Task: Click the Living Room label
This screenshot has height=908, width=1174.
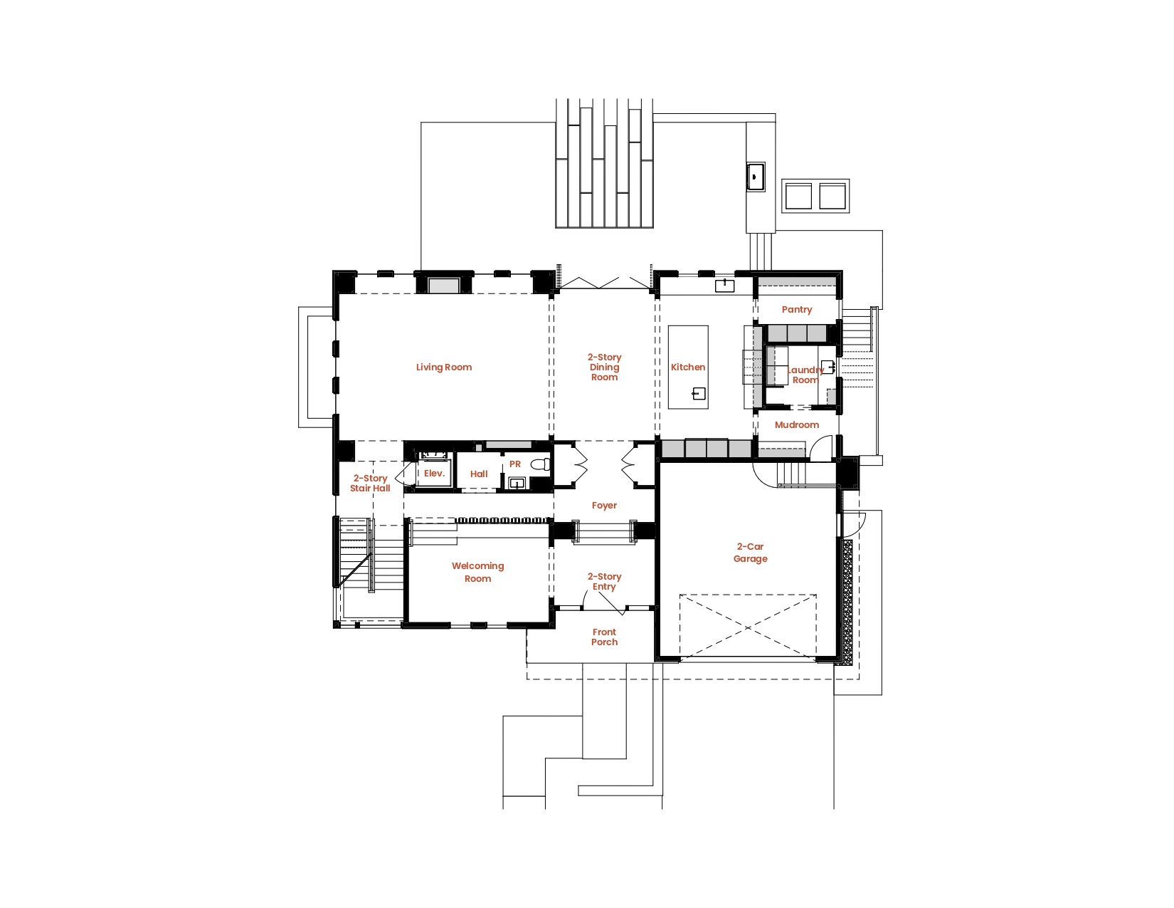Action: pos(443,367)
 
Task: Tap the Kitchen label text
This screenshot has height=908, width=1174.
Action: pos(688,367)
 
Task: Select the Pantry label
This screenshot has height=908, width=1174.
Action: pos(796,309)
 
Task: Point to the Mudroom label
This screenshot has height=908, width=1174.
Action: pos(796,424)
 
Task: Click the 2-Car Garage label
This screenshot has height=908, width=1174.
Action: pos(750,552)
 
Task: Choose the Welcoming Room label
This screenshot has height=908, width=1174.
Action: pos(477,572)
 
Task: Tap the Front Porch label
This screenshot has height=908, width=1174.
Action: pos(604,637)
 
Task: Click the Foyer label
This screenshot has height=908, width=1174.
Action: pos(604,505)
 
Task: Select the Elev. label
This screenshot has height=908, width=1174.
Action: pos(434,473)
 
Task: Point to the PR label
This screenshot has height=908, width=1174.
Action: pos(515,464)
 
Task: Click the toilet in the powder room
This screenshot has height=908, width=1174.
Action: pos(540,464)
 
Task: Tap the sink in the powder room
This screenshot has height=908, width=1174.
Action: pos(517,483)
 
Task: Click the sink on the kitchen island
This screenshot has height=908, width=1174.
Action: pos(699,394)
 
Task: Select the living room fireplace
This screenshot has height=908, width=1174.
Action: pos(443,285)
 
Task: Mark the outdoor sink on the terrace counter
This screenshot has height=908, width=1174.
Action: pos(756,177)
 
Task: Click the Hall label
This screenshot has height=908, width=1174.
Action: pos(479,474)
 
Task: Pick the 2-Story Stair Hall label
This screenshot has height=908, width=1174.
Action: pos(370,483)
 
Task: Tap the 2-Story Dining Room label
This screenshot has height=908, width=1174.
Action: pos(604,367)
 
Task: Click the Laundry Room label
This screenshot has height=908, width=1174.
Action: pos(805,375)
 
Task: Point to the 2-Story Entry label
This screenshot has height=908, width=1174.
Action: pos(604,581)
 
